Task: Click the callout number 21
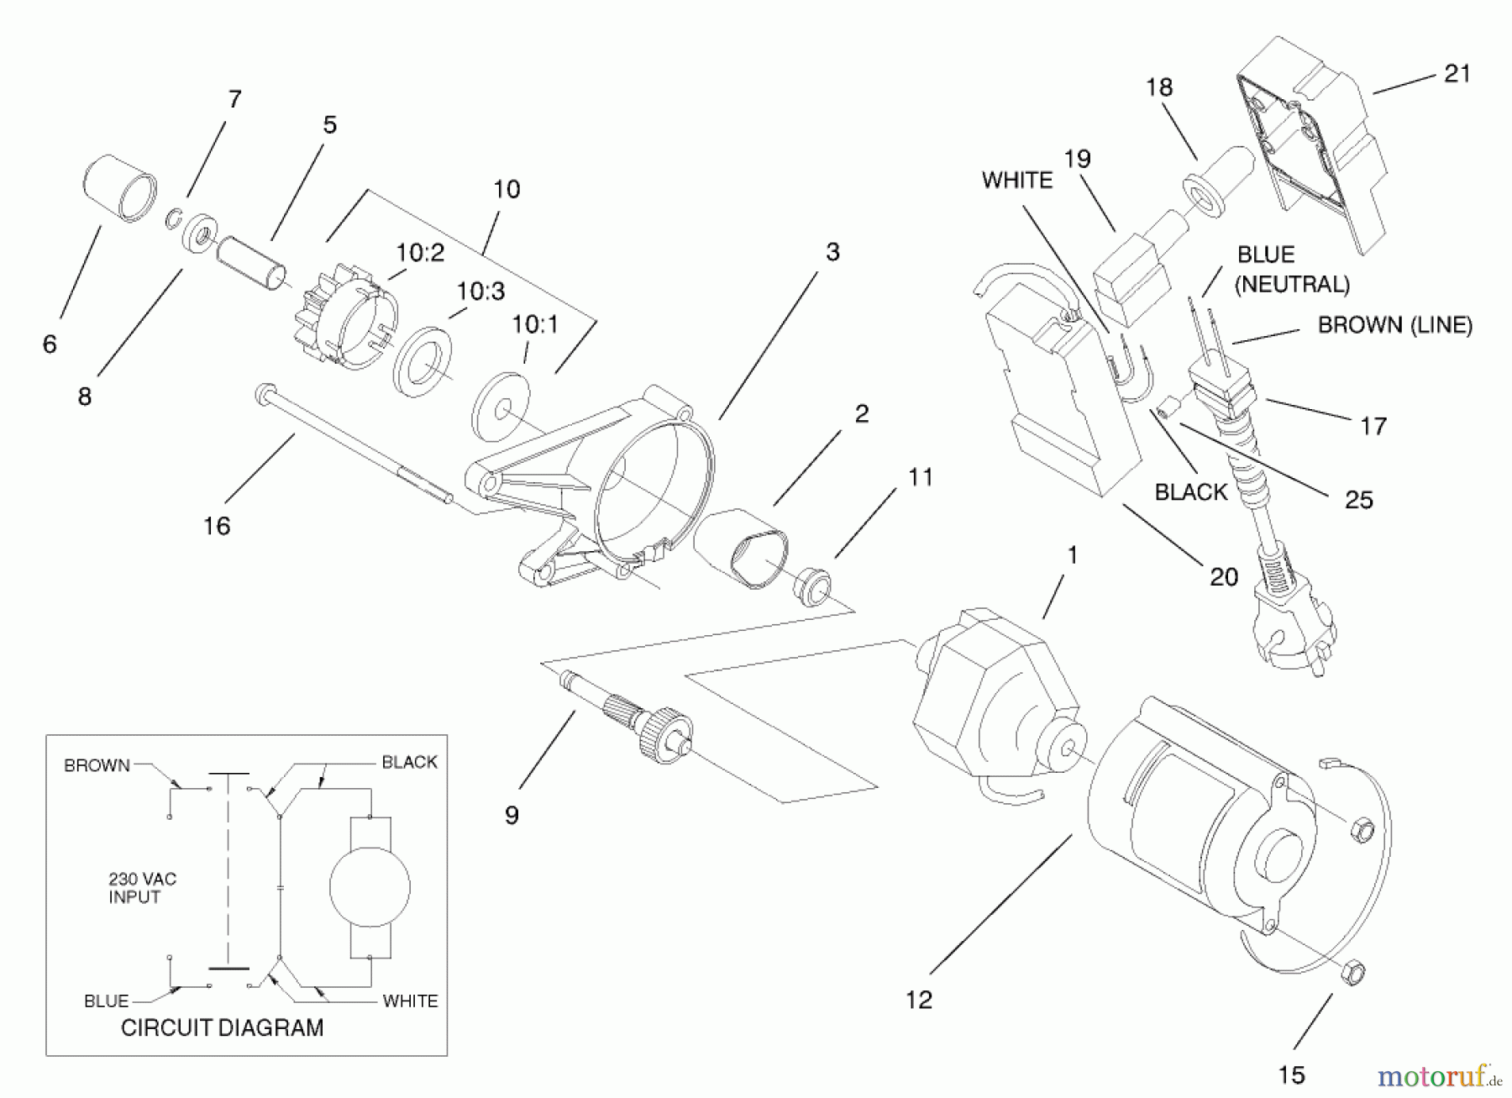coord(1457,74)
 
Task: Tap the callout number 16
coord(217,526)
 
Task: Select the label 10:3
coord(480,292)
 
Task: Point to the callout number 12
coord(919,1000)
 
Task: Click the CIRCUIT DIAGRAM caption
coord(222,1027)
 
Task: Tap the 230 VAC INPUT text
coord(142,888)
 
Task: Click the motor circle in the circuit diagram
coord(370,887)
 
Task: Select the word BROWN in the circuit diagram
coord(97,765)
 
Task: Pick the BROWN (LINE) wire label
coord(1394,325)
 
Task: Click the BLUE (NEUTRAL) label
coord(1292,269)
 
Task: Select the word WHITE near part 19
coord(1016,181)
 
